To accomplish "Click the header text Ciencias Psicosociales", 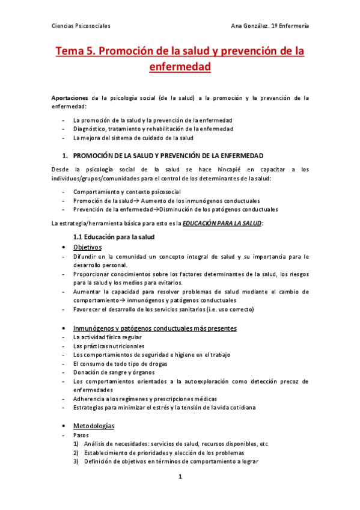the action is [81, 26].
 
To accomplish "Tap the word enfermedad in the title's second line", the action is [180, 67].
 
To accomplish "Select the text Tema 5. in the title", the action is [75, 52].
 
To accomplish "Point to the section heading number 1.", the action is [64, 156].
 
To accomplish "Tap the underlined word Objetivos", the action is [87, 247].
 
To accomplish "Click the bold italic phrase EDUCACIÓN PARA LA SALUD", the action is [213, 224].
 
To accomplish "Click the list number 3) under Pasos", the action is [76, 462].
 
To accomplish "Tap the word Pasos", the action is [81, 435].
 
